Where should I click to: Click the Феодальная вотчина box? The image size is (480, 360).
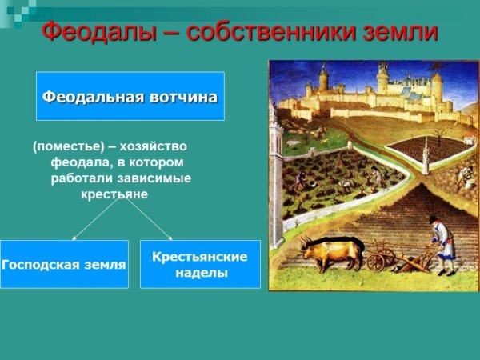(130, 96)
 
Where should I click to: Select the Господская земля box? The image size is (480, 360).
(64, 264)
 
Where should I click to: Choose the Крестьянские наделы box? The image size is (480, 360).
(200, 264)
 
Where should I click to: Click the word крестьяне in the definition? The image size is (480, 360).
(114, 194)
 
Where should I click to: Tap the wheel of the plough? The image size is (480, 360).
(376, 261)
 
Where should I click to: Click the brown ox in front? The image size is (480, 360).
(328, 254)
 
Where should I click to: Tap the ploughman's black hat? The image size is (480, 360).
(434, 218)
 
